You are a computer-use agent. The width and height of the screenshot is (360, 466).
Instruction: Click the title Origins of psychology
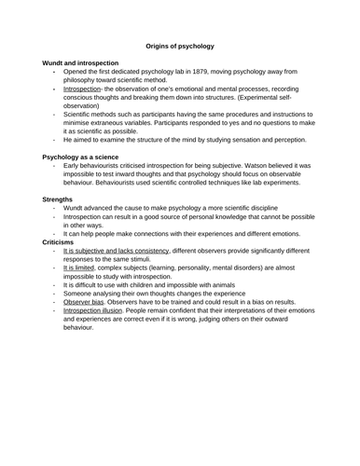coord(180,44)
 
